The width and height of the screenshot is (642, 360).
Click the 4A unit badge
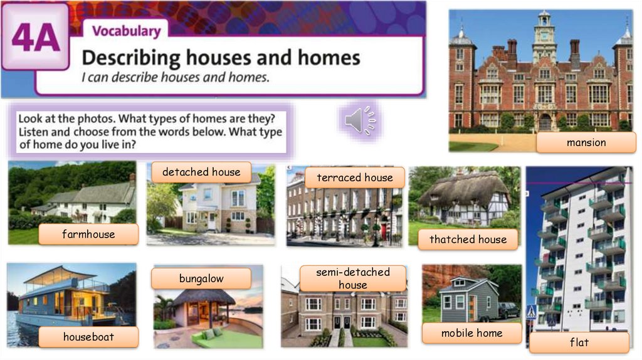pyautogui.click(x=35, y=37)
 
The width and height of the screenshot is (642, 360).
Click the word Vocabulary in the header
pyautogui.click(x=126, y=31)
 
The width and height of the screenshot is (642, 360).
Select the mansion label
pyautogui.click(x=586, y=142)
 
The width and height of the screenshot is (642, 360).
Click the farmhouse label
pyautogui.click(x=88, y=235)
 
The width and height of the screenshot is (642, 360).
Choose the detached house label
pyautogui.click(x=201, y=172)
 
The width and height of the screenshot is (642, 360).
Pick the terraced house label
pyautogui.click(x=354, y=177)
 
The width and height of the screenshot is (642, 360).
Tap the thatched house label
pyautogui.click(x=468, y=239)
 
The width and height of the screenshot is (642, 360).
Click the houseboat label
pyautogui.click(x=88, y=337)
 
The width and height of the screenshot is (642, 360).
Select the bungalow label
pyautogui.click(x=201, y=278)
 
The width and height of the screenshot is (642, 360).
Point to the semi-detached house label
pyautogui.click(x=352, y=278)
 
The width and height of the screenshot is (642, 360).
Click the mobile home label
pyautogui.click(x=471, y=333)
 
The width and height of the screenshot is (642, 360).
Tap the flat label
pyautogui.click(x=579, y=342)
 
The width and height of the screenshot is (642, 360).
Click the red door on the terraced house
pyautogui.click(x=383, y=233)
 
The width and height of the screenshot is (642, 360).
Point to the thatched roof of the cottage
pyautogui.click(x=464, y=189)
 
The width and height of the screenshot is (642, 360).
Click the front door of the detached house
pyautogui.click(x=212, y=221)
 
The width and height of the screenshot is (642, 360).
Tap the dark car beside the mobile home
pyautogui.click(x=507, y=309)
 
